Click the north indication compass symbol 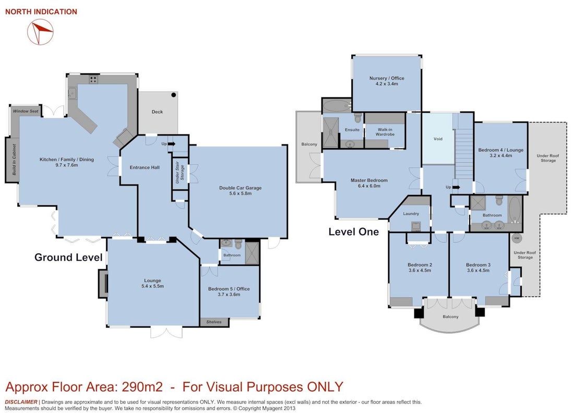tap(40, 32)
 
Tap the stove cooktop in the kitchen tap(93, 79)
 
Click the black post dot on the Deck tap(174, 95)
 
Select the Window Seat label tap(26, 111)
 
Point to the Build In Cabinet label tap(14, 160)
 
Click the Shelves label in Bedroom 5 tap(214, 322)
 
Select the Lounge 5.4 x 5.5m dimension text tap(152, 286)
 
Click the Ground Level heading tap(68, 257)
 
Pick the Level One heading tap(354, 232)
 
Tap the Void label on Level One tap(438, 139)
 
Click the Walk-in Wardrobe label tap(385, 132)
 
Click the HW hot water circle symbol tap(516, 238)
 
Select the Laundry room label tap(411, 214)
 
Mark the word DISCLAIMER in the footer tap(21, 402)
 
